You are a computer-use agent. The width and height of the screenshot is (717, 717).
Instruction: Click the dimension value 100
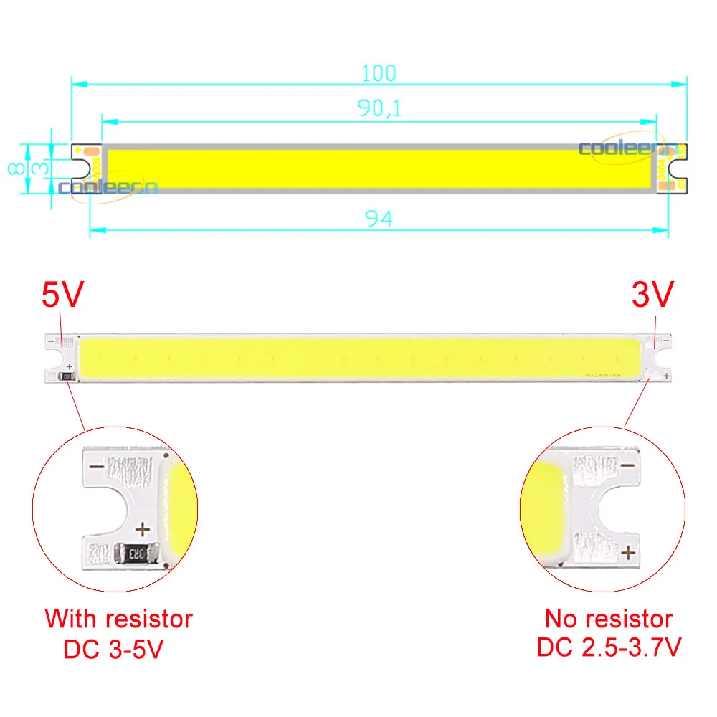[379, 72]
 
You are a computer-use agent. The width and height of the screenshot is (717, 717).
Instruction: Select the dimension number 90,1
[379, 108]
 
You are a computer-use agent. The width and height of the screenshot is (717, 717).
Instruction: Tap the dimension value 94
[379, 219]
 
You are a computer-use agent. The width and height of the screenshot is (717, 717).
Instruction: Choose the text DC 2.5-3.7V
[609, 647]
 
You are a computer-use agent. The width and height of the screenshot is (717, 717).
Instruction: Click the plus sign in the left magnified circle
[143, 530]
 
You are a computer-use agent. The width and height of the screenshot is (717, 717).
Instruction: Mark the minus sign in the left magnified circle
[98, 467]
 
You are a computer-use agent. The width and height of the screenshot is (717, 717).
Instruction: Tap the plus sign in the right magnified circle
[629, 552]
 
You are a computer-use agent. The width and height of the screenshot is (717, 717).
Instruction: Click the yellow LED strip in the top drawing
[379, 168]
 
